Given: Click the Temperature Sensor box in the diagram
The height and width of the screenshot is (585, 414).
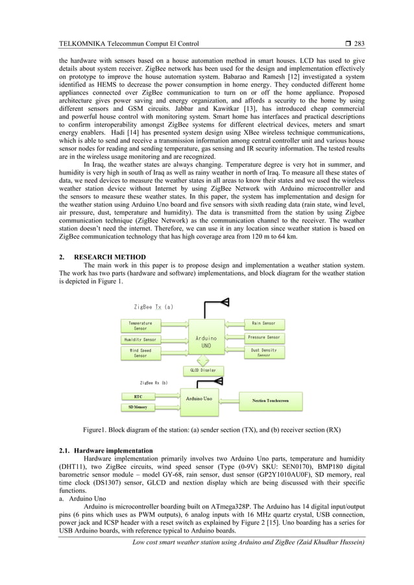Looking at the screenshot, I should (140, 326).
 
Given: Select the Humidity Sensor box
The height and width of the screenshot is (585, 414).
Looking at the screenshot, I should (140, 339).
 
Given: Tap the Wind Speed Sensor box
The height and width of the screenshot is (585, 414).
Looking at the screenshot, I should (140, 353).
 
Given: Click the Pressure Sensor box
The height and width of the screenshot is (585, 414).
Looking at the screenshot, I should (264, 338).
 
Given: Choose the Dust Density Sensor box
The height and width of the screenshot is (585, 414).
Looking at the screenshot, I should (264, 353).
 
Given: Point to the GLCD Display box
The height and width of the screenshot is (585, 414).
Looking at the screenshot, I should (203, 370).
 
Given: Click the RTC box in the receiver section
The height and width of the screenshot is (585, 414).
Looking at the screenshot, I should (138, 395).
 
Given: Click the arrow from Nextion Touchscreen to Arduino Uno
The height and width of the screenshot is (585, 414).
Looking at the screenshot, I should (230, 400).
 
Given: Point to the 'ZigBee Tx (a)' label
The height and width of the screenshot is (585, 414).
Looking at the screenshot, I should (154, 307).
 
